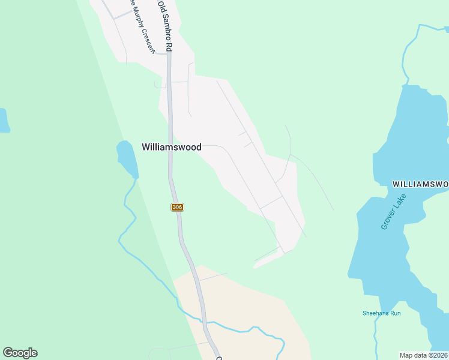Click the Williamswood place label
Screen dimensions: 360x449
(x=171, y=146)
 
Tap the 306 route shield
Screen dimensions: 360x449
(x=176, y=207)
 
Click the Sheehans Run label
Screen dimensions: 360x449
(x=381, y=313)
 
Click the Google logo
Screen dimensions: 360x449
(x=20, y=353)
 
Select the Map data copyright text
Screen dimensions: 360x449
(x=424, y=355)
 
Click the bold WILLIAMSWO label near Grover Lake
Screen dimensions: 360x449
(x=420, y=183)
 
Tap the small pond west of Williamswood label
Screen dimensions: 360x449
(x=126, y=157)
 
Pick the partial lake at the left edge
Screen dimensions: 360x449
(x=4, y=120)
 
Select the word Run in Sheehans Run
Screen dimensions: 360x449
(x=394, y=313)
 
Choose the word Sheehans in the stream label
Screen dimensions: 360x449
(x=375, y=313)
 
